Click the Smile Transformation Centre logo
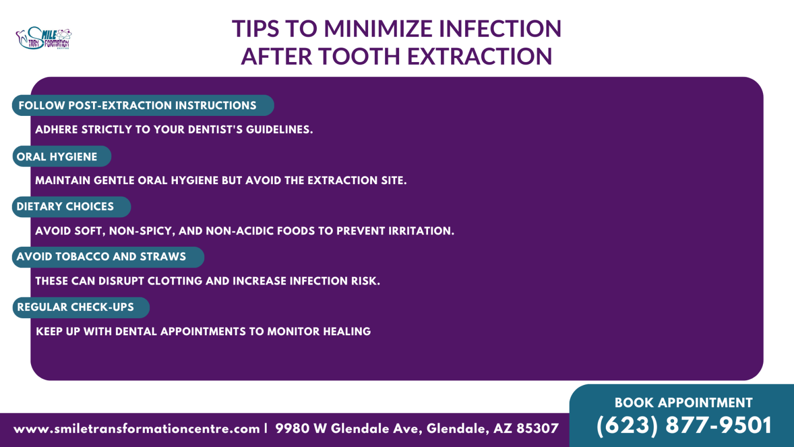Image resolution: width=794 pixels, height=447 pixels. (x=43, y=38)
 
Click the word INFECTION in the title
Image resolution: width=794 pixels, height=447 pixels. (x=500, y=29)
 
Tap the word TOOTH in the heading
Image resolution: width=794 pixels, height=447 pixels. (x=359, y=56)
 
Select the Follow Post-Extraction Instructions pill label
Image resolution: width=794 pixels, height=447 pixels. (x=143, y=106)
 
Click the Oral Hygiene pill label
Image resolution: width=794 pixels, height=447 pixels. (x=62, y=156)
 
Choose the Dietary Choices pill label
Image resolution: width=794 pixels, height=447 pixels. (x=71, y=207)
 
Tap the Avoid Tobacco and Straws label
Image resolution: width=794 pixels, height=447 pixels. (x=108, y=257)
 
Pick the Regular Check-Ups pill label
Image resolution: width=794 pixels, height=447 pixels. (x=81, y=307)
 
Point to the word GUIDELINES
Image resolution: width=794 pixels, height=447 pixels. (x=279, y=129)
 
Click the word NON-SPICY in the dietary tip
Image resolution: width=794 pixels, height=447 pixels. (x=142, y=231)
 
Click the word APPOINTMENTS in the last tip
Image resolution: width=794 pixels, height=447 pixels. (x=203, y=331)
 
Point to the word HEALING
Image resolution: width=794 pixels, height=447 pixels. (x=347, y=331)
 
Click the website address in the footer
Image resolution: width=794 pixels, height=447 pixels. (x=136, y=429)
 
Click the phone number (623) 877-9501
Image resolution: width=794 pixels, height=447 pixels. (x=684, y=425)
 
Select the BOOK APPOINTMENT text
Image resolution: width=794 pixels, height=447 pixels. (x=683, y=403)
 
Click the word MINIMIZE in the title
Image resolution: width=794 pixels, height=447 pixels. (x=378, y=29)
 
